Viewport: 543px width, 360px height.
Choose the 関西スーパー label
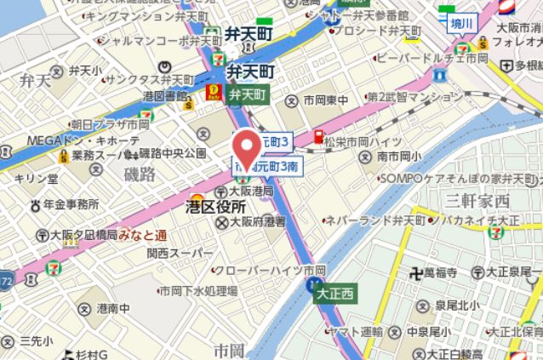(179, 254)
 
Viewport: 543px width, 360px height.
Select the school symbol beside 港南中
(84, 308)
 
